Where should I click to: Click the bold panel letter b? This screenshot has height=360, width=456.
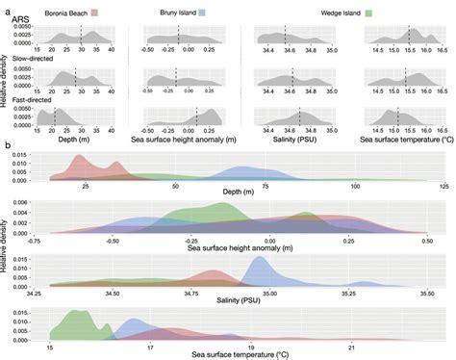[8, 145]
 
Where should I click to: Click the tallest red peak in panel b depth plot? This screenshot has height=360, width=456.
[84, 157]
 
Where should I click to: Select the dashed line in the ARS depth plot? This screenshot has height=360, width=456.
[82, 37]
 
